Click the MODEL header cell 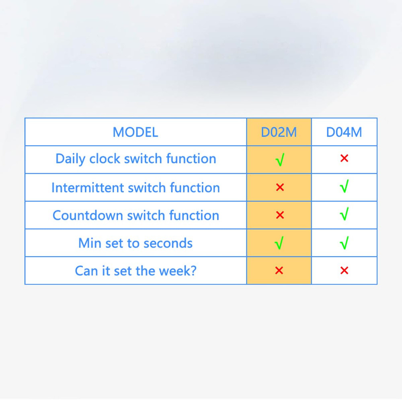135,132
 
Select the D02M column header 279,132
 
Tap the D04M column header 344,132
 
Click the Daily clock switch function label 135,159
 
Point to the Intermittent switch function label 135,187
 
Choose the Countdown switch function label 135,215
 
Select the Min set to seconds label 135,243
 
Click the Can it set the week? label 135,271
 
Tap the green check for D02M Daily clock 280,160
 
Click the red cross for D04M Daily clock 344,158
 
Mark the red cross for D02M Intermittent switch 280,187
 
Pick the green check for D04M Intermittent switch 344,187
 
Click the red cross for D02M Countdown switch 280,215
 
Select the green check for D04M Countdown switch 344,214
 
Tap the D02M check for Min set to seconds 279,243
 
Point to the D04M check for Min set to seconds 344,243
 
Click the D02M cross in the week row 279,271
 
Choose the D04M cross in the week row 344,271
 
